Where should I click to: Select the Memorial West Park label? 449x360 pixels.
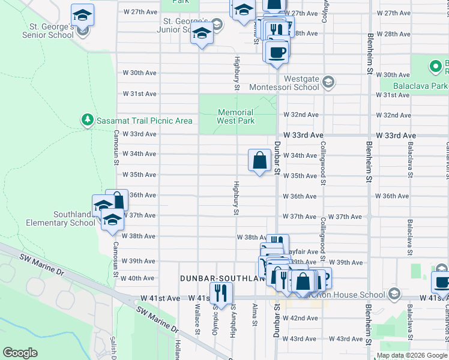236,116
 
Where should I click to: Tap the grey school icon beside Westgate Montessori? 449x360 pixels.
328,81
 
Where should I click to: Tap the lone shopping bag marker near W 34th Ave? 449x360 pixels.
259,160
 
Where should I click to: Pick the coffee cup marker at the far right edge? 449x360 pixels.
441,281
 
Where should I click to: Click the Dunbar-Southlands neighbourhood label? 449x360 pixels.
223,279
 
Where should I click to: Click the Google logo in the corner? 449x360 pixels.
20,352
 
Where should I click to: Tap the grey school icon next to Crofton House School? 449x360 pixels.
394,294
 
